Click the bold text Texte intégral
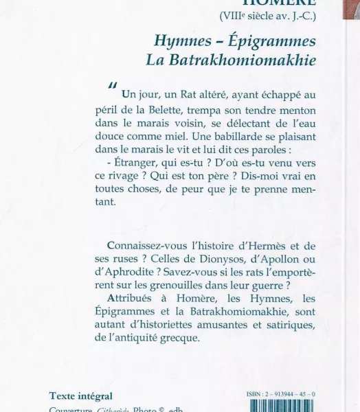81,396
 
